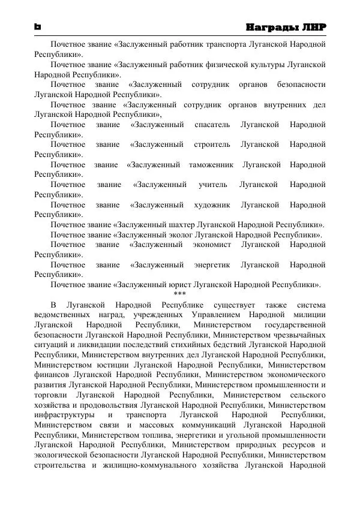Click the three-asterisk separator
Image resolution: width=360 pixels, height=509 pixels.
point(180,294)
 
